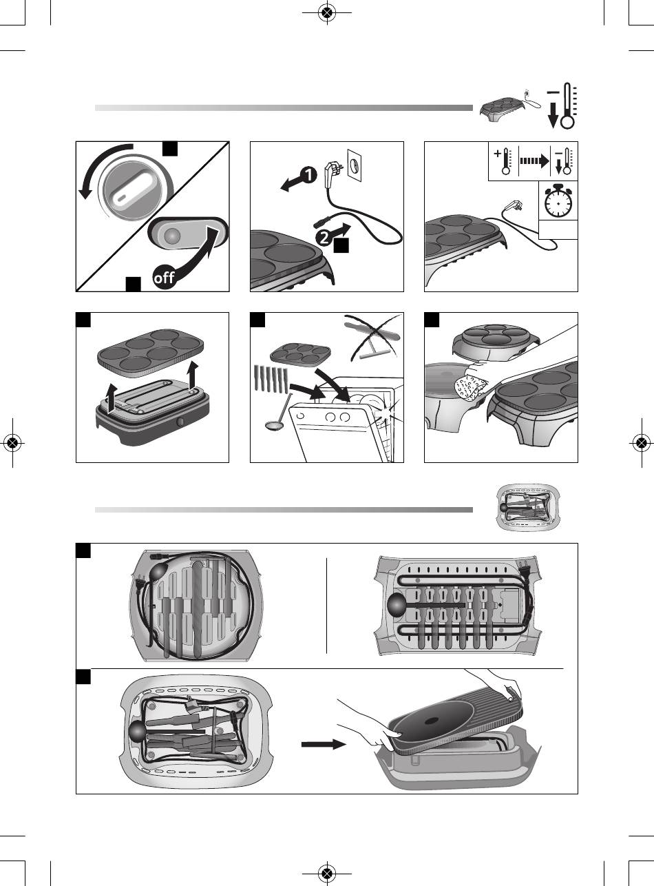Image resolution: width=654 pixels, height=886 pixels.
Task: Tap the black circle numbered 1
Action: (307, 176)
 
